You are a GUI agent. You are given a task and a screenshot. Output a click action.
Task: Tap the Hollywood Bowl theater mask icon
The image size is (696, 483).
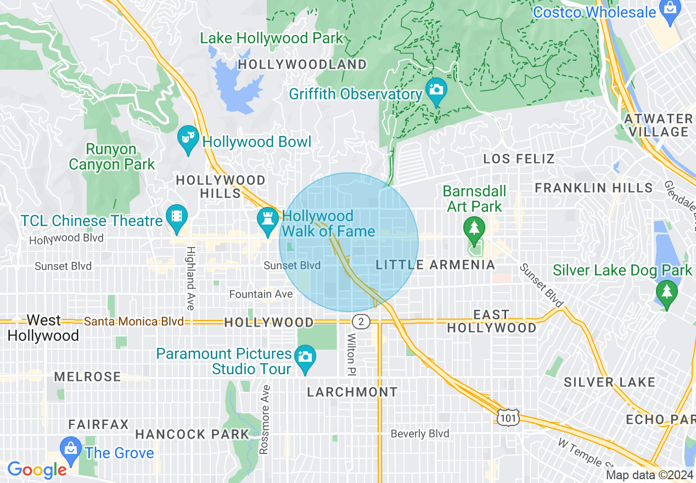pos(188,138)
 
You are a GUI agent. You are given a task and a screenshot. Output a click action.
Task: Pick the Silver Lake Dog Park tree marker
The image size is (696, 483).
pos(667,292)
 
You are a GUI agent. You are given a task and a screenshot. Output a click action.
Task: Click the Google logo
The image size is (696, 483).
pos(37,470)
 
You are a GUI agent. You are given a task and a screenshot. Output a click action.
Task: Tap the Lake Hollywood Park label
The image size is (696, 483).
pos(272,38)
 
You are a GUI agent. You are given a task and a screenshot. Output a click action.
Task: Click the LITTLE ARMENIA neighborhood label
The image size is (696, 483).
pos(435,265)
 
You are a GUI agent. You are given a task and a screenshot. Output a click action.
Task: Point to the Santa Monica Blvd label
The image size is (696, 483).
pos(134,322)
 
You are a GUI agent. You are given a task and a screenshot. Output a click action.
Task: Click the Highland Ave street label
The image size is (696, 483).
pos(190,278)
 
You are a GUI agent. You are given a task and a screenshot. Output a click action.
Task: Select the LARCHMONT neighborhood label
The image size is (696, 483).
pos(352,392)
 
